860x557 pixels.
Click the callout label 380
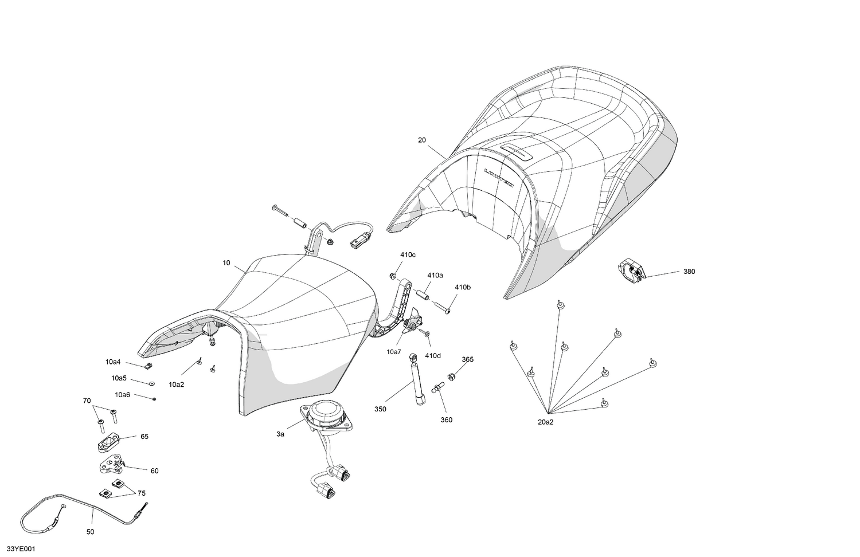[x=689, y=272]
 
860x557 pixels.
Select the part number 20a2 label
[x=546, y=422]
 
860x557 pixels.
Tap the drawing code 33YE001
[x=21, y=549]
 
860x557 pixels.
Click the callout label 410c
[x=408, y=254]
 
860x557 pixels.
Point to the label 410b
[x=463, y=287]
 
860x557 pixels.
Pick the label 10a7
[x=394, y=352]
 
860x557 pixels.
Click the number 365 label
[x=468, y=359]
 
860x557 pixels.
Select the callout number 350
[x=380, y=409]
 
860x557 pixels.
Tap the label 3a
[x=280, y=434]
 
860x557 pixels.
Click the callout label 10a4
[x=113, y=362]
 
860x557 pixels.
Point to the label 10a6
[x=123, y=394]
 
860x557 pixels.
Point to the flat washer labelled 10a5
[x=152, y=383]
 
